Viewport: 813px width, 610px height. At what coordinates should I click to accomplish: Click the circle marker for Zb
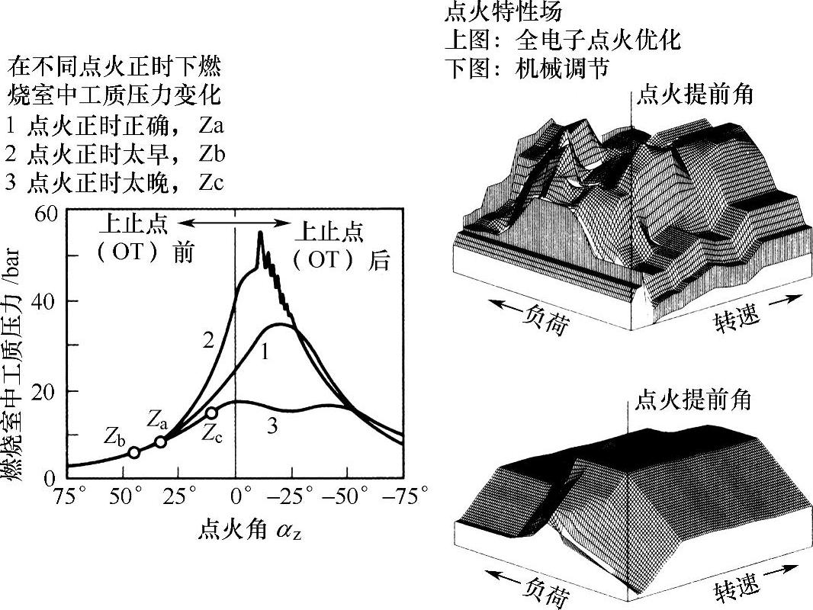tap(133, 452)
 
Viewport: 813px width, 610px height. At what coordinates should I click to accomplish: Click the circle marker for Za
tap(160, 442)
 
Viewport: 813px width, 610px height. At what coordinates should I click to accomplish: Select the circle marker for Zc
tap(211, 413)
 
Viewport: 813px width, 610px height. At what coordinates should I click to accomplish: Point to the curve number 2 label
tap(207, 341)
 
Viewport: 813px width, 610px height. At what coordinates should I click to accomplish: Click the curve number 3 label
tap(272, 427)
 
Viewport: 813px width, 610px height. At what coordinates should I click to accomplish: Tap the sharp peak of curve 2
tap(260, 233)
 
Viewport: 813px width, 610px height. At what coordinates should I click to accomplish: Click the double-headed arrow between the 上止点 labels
tap(234, 221)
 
